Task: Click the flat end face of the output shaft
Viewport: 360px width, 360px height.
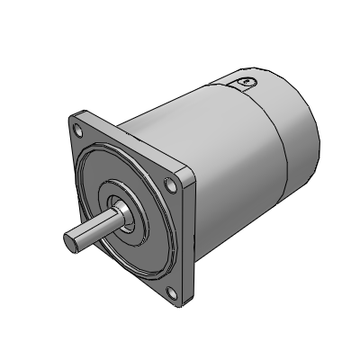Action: point(73,242)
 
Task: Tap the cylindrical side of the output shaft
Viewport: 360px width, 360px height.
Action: point(94,229)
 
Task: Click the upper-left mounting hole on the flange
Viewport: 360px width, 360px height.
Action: point(82,130)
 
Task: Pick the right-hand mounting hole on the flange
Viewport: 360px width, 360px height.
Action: point(171,185)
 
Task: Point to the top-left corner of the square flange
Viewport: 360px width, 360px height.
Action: point(74,117)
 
